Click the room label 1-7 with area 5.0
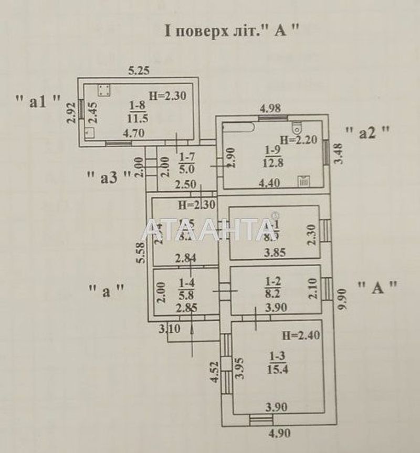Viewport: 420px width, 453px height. pyautogui.click(x=186, y=163)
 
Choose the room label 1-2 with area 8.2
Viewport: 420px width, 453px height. pyautogui.click(x=272, y=288)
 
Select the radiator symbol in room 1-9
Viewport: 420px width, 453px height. pyautogui.click(x=304, y=181)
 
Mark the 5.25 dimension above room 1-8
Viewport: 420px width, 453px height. pyautogui.click(x=140, y=70)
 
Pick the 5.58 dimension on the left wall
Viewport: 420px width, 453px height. pyautogui.click(x=140, y=255)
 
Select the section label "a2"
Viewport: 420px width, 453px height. pyautogui.click(x=367, y=133)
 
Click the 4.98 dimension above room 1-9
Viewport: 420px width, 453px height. pyautogui.click(x=271, y=109)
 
